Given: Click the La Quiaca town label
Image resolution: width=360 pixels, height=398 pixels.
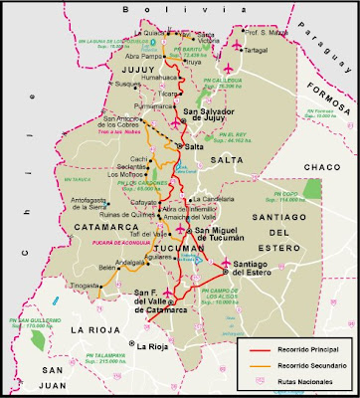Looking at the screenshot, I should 159,32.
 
